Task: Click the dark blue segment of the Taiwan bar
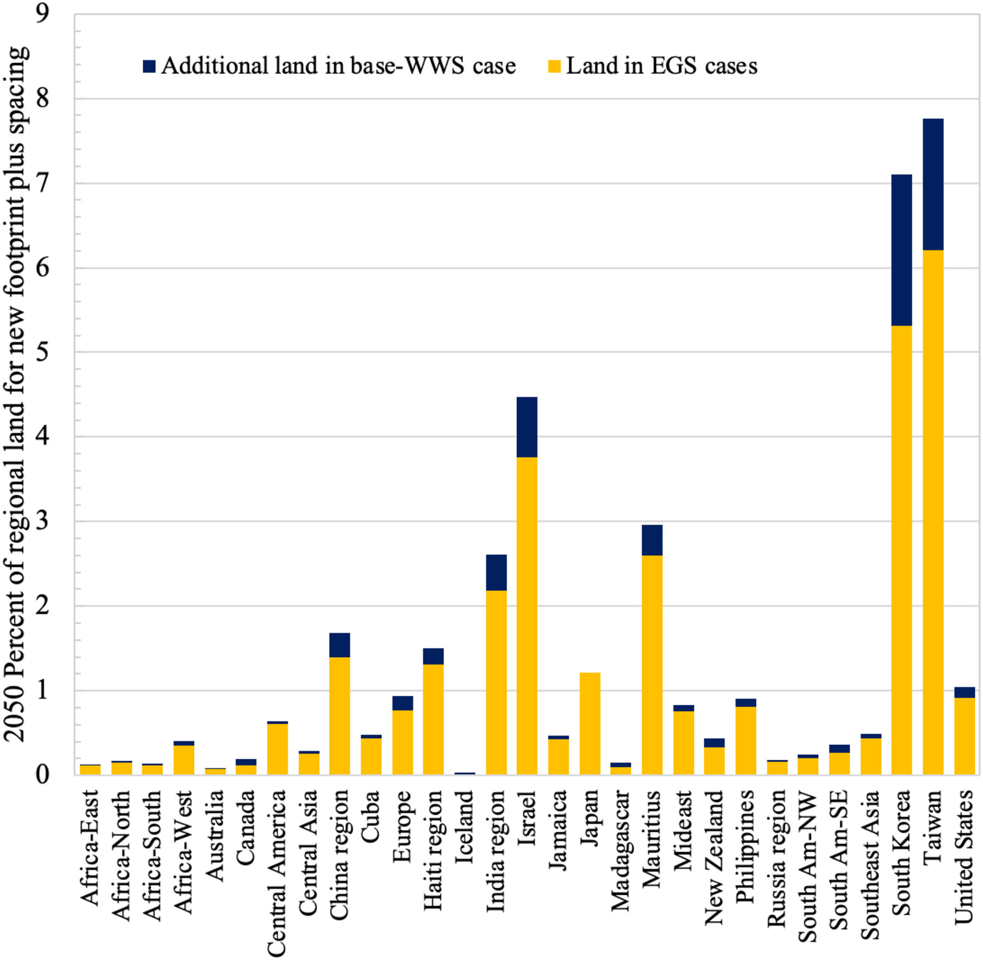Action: [x=933, y=184]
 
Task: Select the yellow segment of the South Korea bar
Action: [x=902, y=549]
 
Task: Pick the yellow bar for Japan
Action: [x=590, y=723]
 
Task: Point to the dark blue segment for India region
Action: [x=496, y=572]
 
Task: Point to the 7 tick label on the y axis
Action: [x=43, y=183]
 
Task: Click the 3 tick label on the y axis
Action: [x=43, y=521]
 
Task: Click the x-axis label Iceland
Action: [x=465, y=827]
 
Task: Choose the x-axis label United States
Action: [x=964, y=857]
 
